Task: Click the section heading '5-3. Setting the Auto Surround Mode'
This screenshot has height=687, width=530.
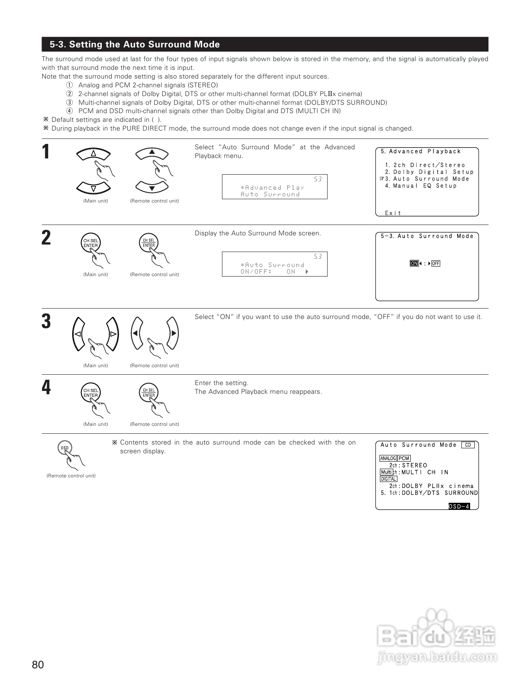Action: coord(135,44)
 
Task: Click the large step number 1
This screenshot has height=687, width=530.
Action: coord(46,152)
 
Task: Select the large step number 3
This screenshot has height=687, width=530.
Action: coord(46,321)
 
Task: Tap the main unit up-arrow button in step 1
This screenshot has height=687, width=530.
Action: coord(93,154)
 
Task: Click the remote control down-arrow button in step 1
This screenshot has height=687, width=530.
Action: coord(152,188)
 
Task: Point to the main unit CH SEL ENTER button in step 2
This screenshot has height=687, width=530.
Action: coord(91,243)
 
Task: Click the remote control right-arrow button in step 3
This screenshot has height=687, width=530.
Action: coord(173,333)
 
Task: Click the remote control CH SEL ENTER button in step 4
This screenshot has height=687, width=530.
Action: coord(149,393)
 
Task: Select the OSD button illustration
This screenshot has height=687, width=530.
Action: coord(64,448)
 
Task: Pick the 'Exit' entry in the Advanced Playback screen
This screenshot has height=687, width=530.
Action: coord(393,213)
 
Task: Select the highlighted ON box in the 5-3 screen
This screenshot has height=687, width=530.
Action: coord(414,263)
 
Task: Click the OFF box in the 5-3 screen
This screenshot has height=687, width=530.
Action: coord(436,263)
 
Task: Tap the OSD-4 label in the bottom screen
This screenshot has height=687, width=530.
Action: coord(459,506)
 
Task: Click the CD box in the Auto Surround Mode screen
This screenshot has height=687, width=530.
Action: coord(468,445)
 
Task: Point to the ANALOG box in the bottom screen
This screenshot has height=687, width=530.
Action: coord(388,458)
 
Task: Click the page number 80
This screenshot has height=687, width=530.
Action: coord(38,665)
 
